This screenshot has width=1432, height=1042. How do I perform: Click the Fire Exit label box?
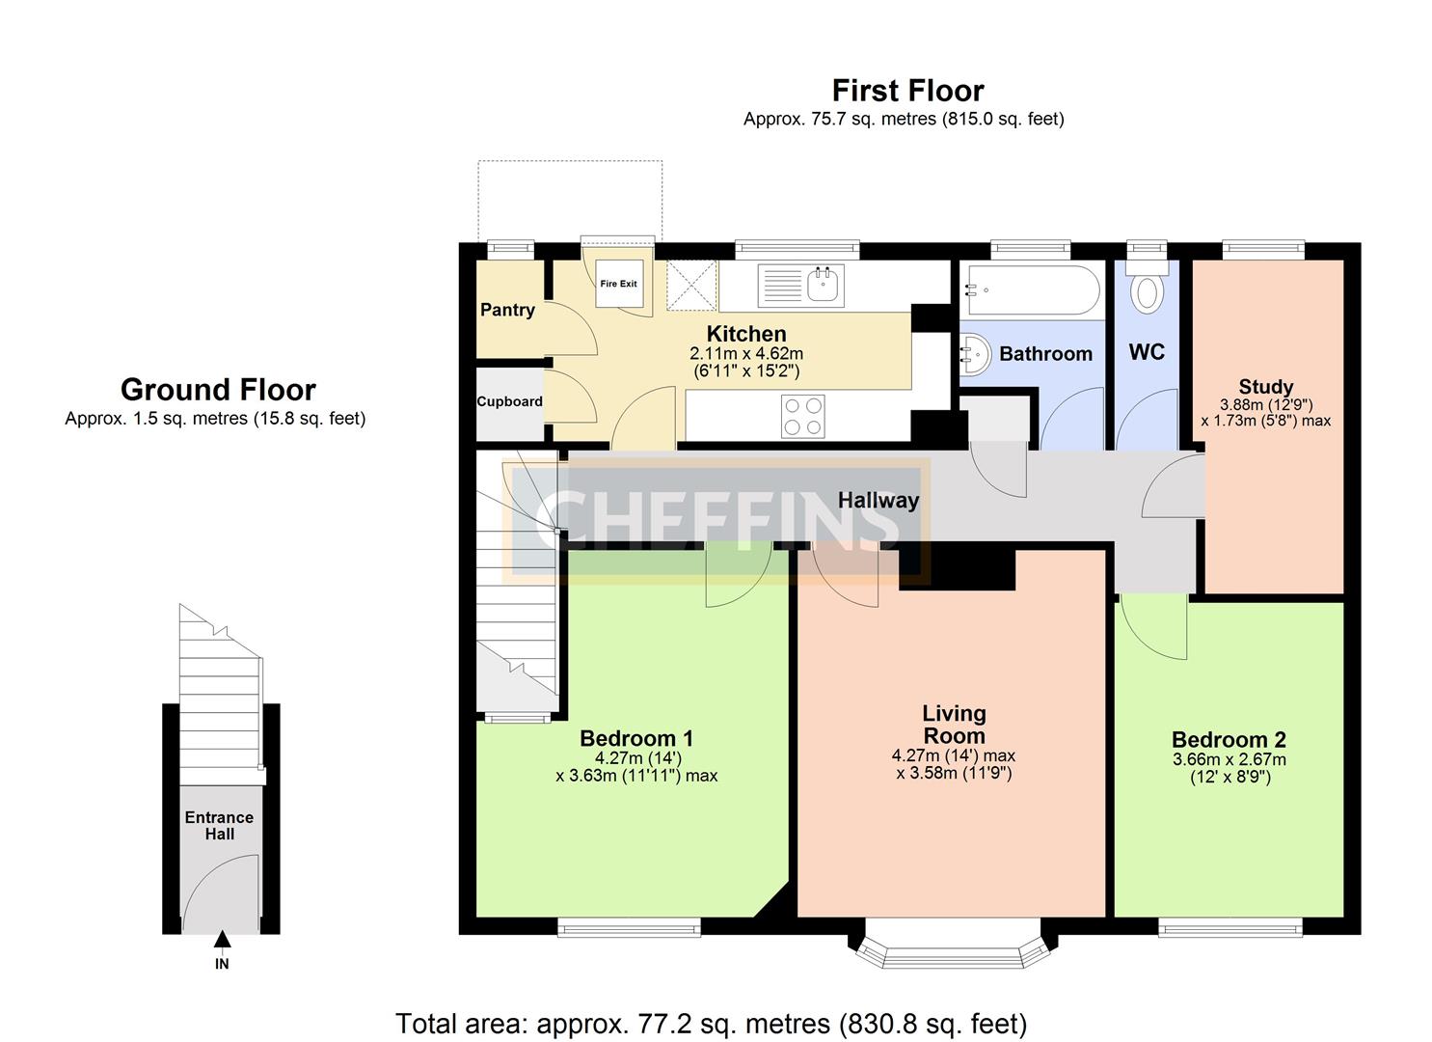click(x=618, y=284)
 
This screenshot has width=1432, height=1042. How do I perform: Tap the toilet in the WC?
click(x=1147, y=287)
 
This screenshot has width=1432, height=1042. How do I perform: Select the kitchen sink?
click(x=801, y=286)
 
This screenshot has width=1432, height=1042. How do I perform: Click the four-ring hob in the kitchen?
click(x=803, y=417)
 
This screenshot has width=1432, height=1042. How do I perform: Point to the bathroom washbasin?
click(x=975, y=354)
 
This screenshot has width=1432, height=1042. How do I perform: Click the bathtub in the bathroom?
click(x=1035, y=289)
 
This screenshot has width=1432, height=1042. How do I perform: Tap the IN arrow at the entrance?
click(x=222, y=940)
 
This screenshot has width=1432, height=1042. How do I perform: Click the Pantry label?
click(x=507, y=310)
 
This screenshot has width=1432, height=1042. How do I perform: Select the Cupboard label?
click(x=509, y=401)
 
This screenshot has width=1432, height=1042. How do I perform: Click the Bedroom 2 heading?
click(x=1229, y=739)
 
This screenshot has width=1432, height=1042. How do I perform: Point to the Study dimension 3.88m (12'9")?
click(x=1266, y=404)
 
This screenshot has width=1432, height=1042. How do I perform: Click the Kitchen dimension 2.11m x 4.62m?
click(x=746, y=353)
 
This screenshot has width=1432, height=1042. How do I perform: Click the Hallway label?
click(x=878, y=500)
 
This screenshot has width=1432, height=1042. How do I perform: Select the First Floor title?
click(x=907, y=91)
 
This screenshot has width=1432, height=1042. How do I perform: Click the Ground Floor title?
click(x=218, y=390)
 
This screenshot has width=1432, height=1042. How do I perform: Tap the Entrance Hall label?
click(x=219, y=826)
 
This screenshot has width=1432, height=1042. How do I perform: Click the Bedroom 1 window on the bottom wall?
click(x=629, y=927)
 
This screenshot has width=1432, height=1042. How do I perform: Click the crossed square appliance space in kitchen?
click(x=691, y=286)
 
